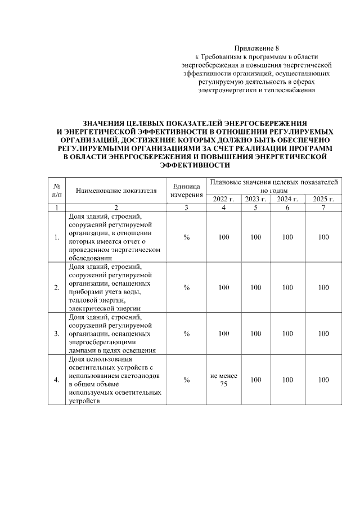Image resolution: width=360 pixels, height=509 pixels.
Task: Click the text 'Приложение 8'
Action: coord(256,48)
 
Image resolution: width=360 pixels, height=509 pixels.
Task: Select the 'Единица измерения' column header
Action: coord(186,190)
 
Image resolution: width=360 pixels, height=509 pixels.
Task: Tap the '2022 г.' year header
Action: coord(224,199)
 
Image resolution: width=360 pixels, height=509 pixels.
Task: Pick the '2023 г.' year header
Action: coord(255,199)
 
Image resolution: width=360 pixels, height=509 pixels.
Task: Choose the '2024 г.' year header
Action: coord(287,199)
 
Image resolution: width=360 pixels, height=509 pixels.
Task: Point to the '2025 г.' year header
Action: coord(323,199)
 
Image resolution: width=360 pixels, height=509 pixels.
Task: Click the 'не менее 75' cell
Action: coord(224,380)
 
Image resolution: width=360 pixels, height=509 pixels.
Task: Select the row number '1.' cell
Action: coord(57,237)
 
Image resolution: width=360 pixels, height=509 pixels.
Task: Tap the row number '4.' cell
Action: coord(57,380)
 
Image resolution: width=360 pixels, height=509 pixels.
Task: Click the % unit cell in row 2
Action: coord(186,287)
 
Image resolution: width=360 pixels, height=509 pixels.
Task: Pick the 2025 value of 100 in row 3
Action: coord(323,334)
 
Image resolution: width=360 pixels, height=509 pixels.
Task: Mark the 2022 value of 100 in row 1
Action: coord(224,237)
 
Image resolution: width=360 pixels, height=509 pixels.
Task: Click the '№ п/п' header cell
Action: coord(57,190)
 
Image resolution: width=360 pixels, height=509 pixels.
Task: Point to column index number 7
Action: coord(323,208)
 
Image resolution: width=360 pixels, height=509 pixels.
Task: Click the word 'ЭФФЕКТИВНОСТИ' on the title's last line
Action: coord(195,166)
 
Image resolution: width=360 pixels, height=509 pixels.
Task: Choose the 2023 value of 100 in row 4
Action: coord(255,380)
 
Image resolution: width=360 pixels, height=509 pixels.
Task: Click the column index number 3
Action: coord(186,208)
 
